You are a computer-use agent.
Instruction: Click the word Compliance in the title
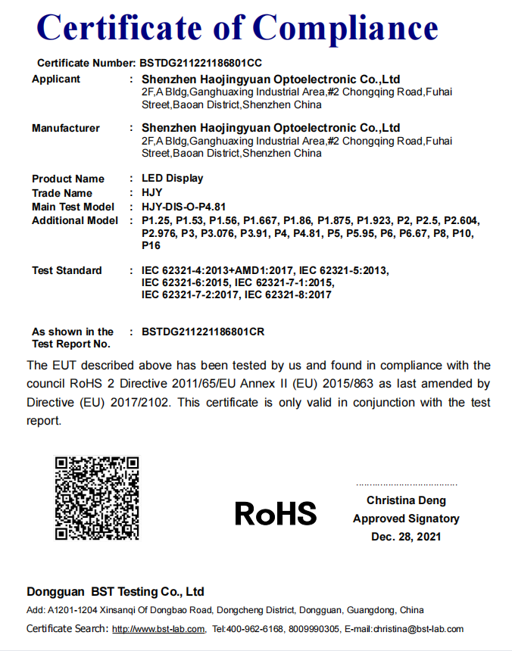pyautogui.click(x=345, y=28)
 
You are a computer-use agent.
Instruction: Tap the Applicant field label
pyautogui.click(x=56, y=79)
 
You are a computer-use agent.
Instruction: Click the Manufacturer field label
pyautogui.click(x=65, y=128)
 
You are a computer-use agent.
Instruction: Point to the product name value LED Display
pyautogui.click(x=173, y=179)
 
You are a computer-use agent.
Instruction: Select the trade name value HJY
pyautogui.click(x=152, y=193)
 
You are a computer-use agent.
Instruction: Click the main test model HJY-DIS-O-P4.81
pyautogui.click(x=184, y=207)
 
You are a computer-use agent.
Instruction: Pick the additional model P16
pyautogui.click(x=151, y=246)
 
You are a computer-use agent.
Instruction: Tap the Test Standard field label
pyautogui.click(x=67, y=270)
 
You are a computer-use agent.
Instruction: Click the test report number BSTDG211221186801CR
pyautogui.click(x=203, y=332)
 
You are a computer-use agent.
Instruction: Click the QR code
pyautogui.click(x=97, y=497)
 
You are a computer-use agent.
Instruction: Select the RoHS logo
pyautogui.click(x=276, y=513)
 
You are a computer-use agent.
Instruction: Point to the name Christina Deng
pyautogui.click(x=406, y=500)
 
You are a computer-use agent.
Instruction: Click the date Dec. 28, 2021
pyautogui.click(x=406, y=537)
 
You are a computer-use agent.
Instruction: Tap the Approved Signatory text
pyautogui.click(x=406, y=519)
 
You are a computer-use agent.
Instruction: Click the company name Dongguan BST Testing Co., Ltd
pyautogui.click(x=115, y=591)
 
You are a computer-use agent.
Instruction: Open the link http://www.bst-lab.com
pyautogui.click(x=158, y=629)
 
